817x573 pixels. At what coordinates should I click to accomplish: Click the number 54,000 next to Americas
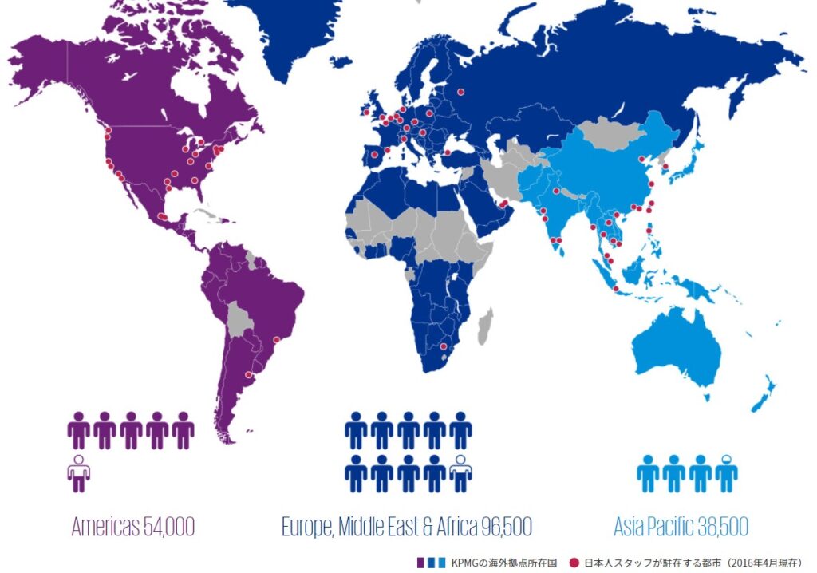point(168,527)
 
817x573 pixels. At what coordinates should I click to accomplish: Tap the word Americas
point(105,527)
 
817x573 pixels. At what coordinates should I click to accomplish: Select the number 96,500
point(502,527)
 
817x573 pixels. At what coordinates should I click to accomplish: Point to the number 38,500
point(718,527)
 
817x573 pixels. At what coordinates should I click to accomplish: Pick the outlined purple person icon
point(78,472)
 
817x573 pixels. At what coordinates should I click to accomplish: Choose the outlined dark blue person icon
point(460,472)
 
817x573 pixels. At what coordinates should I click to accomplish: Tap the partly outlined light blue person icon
point(726,472)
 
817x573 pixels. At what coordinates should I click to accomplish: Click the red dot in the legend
point(574,563)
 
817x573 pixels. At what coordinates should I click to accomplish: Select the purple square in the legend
point(420,563)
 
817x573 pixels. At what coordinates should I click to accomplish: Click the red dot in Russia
point(462,91)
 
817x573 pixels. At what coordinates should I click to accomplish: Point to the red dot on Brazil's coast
point(277,340)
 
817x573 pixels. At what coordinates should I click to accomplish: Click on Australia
point(678,343)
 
